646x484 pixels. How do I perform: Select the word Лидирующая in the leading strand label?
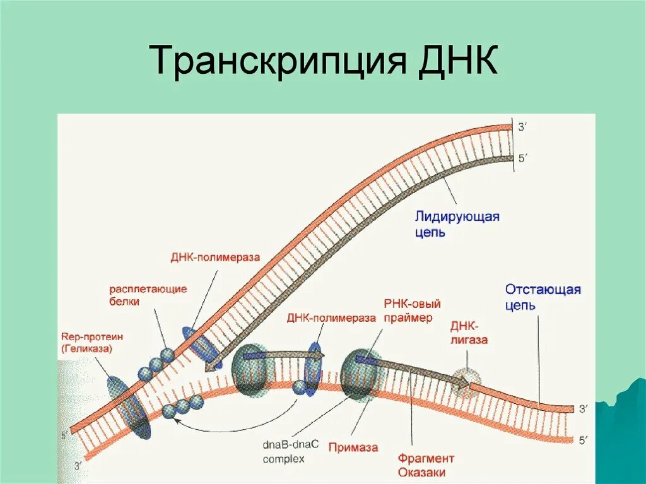[457, 216]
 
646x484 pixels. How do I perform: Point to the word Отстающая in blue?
[543, 290]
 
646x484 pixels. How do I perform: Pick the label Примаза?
[353, 447]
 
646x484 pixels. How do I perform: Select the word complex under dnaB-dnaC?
[283, 459]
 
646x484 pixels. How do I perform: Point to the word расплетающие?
[148, 289]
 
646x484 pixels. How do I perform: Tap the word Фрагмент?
[426, 459]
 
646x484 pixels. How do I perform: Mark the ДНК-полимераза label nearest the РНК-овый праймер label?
[331, 318]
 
